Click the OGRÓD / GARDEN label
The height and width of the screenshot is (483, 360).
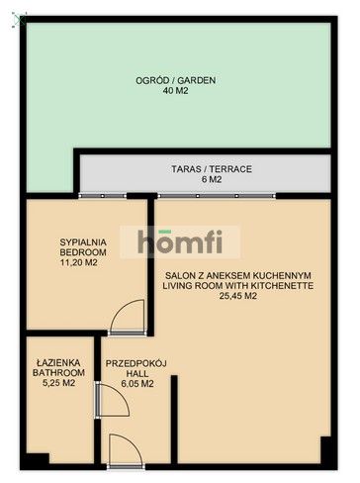click(x=176, y=80)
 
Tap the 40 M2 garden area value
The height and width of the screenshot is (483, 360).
click(x=175, y=91)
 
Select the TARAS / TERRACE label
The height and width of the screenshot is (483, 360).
click(x=212, y=169)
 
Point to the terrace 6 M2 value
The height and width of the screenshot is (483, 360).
click(x=212, y=180)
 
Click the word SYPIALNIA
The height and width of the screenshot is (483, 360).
click(x=83, y=242)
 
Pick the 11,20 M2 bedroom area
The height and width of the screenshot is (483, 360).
click(x=79, y=263)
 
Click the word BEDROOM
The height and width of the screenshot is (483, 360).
click(x=83, y=252)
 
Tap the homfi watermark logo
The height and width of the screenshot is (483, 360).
click(x=180, y=241)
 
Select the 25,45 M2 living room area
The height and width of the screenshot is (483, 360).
click(x=238, y=296)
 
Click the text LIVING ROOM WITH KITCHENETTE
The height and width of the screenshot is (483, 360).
click(x=238, y=286)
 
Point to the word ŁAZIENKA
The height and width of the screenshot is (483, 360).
click(x=58, y=363)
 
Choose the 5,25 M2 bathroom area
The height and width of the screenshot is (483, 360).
click(x=59, y=383)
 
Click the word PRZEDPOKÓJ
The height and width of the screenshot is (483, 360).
click(x=135, y=363)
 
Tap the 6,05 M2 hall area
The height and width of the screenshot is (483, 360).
click(x=137, y=384)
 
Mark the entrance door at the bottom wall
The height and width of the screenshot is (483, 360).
click(x=126, y=466)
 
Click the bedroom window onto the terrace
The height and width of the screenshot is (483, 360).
click(x=103, y=196)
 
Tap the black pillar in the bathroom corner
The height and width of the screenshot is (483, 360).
click(x=38, y=458)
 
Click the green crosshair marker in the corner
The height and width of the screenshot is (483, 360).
click(x=21, y=21)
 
